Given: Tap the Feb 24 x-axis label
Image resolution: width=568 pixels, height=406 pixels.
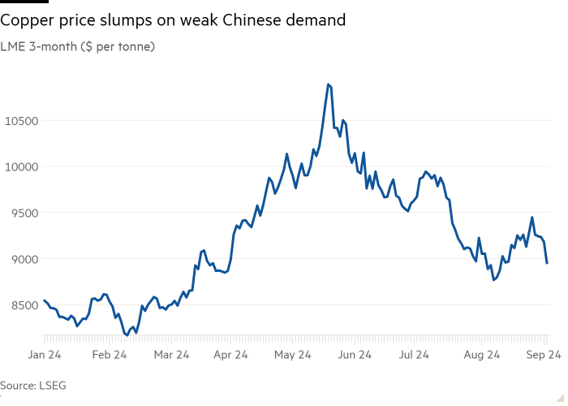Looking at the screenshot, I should point(109,355).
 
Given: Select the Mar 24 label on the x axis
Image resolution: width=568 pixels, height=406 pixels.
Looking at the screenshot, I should point(171,355).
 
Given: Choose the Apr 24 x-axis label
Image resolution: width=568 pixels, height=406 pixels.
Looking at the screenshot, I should point(231,355).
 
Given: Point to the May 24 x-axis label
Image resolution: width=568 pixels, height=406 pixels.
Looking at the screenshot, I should point(293,355).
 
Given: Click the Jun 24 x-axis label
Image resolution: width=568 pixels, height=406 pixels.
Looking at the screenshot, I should point(354,355).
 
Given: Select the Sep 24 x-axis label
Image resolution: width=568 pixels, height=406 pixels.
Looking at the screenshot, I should point(540,355).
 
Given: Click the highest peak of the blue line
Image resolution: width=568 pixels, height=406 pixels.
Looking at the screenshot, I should point(329,84).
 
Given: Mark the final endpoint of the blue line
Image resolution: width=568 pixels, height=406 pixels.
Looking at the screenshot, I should point(547,263).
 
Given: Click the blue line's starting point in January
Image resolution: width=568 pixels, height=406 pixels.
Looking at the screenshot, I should point(43,300).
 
